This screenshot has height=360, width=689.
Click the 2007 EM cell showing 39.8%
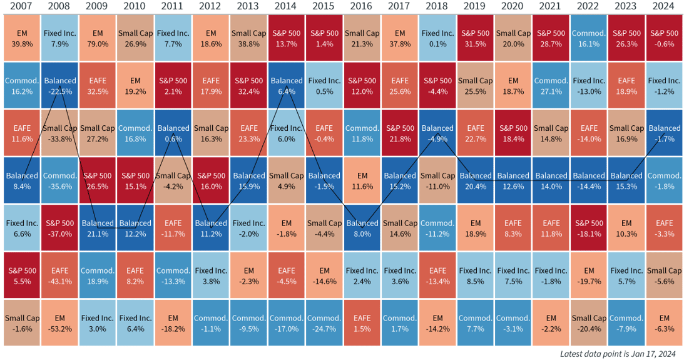[22, 38]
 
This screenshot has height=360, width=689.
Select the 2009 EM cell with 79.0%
[98, 38]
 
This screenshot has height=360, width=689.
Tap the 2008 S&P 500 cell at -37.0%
[60, 228]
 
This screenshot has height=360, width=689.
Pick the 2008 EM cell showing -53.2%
[60, 323]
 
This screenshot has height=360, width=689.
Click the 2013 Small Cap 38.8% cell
[249, 38]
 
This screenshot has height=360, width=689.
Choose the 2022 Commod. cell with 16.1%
[589, 38]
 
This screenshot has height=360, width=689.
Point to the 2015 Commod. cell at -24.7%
[324, 323]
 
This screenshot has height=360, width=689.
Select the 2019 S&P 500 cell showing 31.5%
[476, 38]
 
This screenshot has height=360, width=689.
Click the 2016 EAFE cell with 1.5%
[362, 323]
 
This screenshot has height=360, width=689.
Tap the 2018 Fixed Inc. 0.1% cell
[438, 38]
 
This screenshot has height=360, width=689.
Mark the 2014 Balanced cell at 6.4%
[287, 86]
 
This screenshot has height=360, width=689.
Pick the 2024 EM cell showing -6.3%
[665, 323]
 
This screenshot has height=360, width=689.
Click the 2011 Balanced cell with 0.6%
[173, 133]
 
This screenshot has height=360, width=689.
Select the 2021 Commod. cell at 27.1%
[551, 86]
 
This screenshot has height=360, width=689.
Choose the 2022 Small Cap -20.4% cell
[589, 323]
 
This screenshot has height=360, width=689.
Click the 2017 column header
[400, 6]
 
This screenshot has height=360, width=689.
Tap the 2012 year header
[211, 6]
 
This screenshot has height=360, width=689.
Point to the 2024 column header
[665, 6]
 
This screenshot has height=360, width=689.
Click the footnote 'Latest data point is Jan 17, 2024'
[618, 354]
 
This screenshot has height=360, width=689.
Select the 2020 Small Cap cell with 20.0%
[513, 38]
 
